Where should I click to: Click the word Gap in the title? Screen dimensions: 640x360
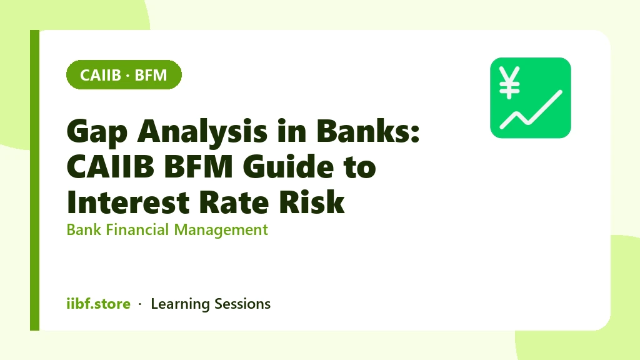[97, 132]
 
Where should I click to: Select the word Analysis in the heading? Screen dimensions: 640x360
[202, 131]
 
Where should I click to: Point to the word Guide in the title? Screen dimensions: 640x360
[289, 166]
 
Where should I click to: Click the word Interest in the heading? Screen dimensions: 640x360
[129, 202]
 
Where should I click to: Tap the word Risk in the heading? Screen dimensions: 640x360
[312, 202]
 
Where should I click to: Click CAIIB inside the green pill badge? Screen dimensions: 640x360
[101, 75]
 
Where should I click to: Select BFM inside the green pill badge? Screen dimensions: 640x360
[151, 75]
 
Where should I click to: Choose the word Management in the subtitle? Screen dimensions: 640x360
[221, 230]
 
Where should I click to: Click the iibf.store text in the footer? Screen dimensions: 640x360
[98, 304]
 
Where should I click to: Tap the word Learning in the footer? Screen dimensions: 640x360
[180, 304]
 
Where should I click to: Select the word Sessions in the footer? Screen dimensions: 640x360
[242, 304]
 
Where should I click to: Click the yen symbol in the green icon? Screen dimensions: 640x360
[509, 82]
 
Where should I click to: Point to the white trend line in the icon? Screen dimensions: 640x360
[531, 109]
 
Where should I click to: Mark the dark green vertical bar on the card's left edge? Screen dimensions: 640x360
[35, 180]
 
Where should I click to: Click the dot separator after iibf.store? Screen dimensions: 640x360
[140, 304]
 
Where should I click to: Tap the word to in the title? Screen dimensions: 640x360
[360, 167]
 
